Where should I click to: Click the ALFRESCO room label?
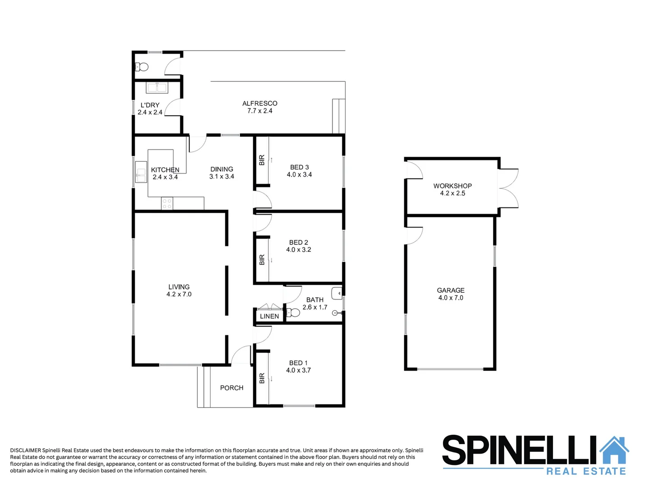tap(259, 103)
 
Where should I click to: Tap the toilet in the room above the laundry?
tap(142, 67)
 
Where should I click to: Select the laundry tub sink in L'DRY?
tap(157, 88)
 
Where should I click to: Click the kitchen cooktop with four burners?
tap(167, 203)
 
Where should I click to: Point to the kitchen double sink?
tap(141, 172)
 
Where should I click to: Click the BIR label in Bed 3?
tap(262, 160)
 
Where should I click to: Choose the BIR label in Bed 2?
tap(262, 259)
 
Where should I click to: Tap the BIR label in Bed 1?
tap(262, 378)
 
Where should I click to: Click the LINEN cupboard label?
tap(269, 316)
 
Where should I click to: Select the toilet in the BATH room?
tap(293, 312)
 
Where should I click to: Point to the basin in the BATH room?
tap(337, 293)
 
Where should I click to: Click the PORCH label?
tap(231, 388)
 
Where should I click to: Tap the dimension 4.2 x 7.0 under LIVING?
tap(179, 294)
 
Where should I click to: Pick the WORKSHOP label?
tap(452, 186)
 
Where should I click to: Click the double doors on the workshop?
tap(508, 188)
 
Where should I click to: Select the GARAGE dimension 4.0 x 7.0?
tap(451, 298)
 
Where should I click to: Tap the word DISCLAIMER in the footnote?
tap(25, 450)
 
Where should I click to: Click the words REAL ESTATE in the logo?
tap(586, 471)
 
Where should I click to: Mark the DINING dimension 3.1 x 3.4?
tap(221, 177)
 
